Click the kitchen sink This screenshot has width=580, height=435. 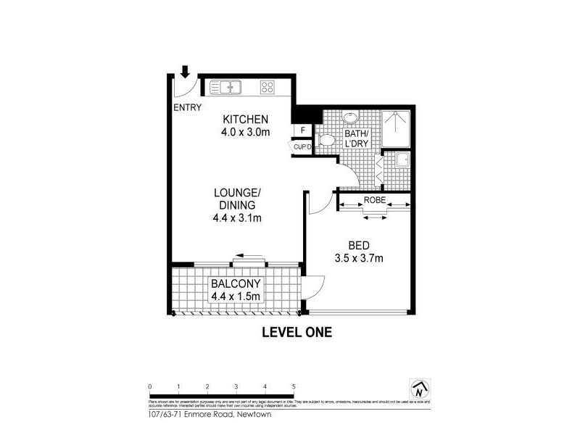click(x=225, y=88)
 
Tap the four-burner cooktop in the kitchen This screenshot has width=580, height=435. click(x=267, y=88)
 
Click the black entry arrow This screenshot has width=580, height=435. click(x=185, y=71)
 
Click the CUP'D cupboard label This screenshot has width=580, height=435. click(x=302, y=147)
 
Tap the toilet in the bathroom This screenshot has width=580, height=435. click(x=324, y=141)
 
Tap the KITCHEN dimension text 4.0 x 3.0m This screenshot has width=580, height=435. click(x=246, y=133)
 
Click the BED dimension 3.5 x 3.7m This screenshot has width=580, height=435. click(x=359, y=257)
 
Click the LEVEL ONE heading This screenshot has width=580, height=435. click(x=296, y=333)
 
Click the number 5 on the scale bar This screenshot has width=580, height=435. click(x=294, y=386)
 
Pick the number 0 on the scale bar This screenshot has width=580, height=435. click(x=149, y=386)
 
